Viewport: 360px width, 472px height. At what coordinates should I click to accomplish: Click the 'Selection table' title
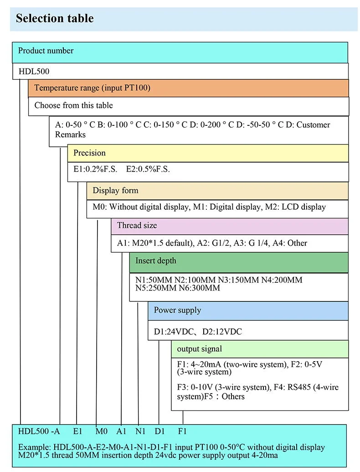tap(55, 18)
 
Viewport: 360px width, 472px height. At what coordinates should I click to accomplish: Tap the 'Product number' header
tap(46, 51)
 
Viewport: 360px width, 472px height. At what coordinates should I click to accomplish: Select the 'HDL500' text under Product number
tap(34, 71)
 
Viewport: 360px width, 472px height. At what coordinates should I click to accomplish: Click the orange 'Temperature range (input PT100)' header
tap(92, 88)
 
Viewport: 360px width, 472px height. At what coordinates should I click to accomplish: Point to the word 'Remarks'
tap(70, 135)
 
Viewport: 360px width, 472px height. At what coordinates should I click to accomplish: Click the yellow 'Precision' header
tap(90, 153)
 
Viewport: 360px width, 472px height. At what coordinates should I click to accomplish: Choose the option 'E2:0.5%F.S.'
tap(148, 169)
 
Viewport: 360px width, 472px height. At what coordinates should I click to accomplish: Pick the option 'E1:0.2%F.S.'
tap(95, 169)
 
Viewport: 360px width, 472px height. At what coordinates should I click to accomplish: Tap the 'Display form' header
tap(115, 191)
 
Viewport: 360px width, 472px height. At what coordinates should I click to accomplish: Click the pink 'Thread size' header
tap(137, 225)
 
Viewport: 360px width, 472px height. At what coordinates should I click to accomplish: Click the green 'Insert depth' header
tap(156, 261)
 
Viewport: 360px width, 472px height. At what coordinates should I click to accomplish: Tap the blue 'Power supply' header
tap(177, 311)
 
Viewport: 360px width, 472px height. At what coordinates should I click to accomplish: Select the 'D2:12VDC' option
tap(222, 332)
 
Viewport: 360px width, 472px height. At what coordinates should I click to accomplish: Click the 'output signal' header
tap(200, 349)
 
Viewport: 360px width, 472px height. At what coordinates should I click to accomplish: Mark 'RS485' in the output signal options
tap(299, 387)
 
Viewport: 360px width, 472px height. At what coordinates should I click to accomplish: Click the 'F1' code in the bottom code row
tap(182, 431)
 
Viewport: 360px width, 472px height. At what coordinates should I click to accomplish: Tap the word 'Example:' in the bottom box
tap(34, 447)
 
